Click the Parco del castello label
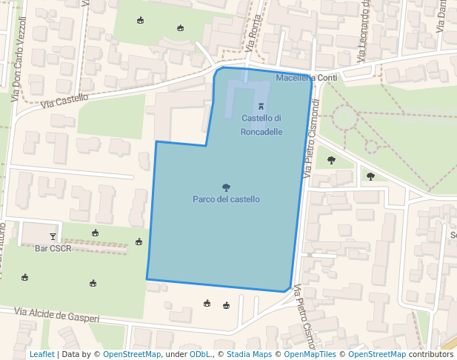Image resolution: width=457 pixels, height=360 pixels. (226, 199)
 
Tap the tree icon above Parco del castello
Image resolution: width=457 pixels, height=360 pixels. (226, 187)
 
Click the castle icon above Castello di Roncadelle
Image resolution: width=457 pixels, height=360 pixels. (260, 107)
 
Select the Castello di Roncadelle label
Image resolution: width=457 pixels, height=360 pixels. (261, 125)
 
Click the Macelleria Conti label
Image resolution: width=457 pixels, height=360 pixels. (307, 78)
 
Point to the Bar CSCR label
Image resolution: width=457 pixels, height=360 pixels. (53, 249)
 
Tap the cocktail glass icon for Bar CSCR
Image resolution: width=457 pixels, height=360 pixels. (53, 236)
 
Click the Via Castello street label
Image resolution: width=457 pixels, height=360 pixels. (64, 101)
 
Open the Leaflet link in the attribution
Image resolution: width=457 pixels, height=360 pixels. (42, 355)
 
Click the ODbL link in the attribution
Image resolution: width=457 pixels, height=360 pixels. (200, 355)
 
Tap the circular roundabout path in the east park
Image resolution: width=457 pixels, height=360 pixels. (344, 117)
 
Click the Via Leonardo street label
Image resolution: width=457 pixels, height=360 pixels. (364, 33)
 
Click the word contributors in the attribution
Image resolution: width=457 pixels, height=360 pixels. (431, 355)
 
